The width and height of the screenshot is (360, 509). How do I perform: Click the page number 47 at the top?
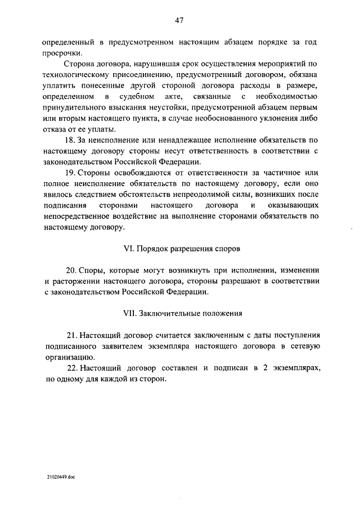pyautogui.click(x=179, y=21)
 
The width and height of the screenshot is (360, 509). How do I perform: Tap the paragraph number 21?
pyautogui.click(x=70, y=337)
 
